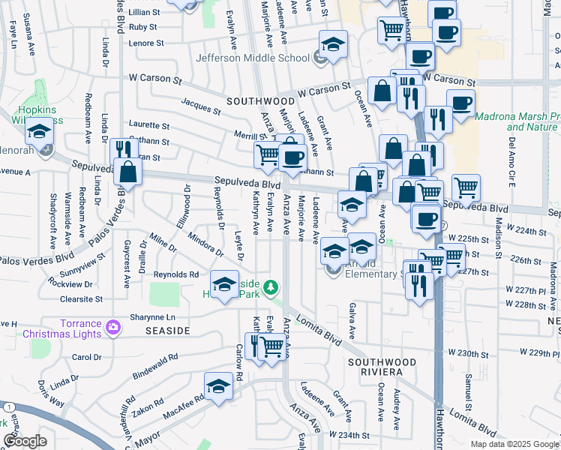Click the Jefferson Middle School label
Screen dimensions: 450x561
tap(252, 58)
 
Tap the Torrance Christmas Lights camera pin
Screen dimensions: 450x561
tap(112, 326)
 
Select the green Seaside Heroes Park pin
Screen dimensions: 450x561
tap(272, 286)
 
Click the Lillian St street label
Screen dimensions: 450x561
tap(145, 12)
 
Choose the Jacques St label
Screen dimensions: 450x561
tap(201, 106)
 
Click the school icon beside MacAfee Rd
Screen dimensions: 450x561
tap(219, 387)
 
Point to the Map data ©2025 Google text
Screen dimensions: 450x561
tap(514, 444)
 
